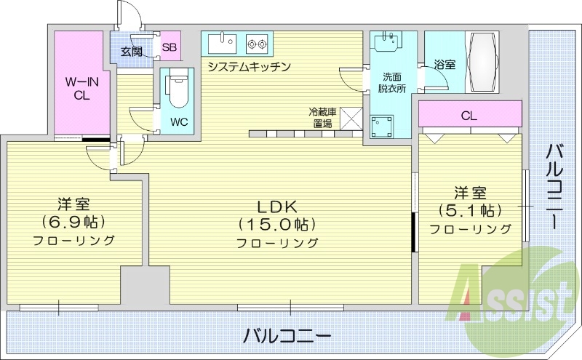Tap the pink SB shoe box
click(169, 49)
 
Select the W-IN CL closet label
click(81, 87)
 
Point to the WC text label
click(179, 121)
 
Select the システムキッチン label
click(249, 67)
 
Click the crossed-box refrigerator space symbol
click(353, 118)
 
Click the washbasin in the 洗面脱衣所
click(387, 41)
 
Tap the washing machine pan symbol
click(383, 128)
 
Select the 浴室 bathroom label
click(445, 65)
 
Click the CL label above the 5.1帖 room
click(469, 115)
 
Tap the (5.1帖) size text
click(470, 210)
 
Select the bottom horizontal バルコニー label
click(287, 336)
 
